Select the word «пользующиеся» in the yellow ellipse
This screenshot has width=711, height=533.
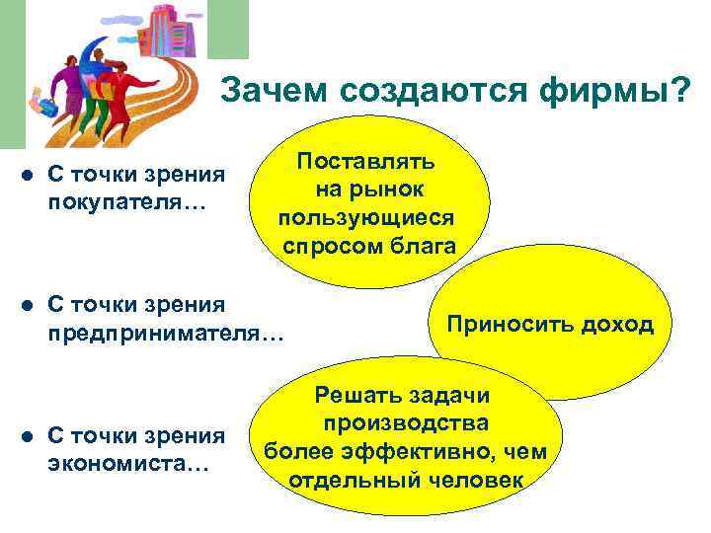[367, 217]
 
